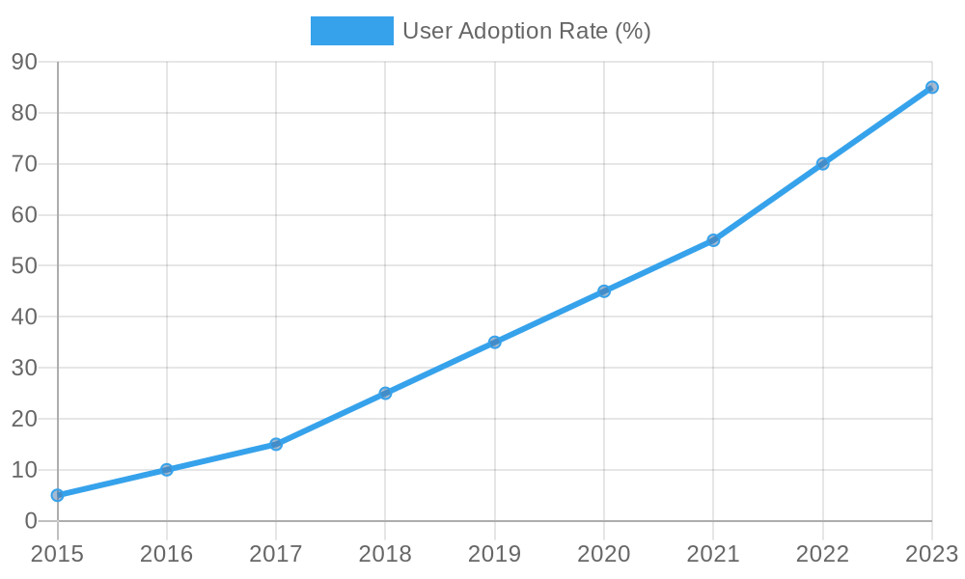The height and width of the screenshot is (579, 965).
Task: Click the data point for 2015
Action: click(57, 495)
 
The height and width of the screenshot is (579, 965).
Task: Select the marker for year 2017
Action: click(276, 444)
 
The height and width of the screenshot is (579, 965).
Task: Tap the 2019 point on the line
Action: click(494, 342)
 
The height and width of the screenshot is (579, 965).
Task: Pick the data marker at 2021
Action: click(713, 240)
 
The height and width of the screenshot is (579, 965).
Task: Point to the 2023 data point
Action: click(931, 87)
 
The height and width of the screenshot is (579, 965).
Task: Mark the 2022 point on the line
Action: click(822, 164)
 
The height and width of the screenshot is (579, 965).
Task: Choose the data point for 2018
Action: click(385, 393)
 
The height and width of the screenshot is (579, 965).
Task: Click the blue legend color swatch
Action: click(351, 31)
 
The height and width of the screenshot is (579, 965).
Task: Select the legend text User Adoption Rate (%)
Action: click(526, 31)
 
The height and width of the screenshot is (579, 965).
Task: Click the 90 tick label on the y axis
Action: click(24, 62)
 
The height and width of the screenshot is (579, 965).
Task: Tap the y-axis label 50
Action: click(24, 265)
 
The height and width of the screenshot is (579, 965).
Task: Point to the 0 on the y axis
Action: click(31, 521)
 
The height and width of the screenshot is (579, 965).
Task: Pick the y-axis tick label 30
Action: click(24, 368)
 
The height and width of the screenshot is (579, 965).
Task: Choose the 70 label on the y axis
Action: click(24, 164)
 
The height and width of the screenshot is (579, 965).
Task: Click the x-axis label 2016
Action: click(166, 554)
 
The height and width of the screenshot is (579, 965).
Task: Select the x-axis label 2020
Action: click(603, 554)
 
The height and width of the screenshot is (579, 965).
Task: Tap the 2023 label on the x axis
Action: click(930, 554)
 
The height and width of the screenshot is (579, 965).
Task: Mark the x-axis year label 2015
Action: click(57, 554)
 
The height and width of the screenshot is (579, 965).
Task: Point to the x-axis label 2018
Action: click(385, 554)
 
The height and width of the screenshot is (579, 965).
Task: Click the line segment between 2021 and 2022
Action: click(768, 202)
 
